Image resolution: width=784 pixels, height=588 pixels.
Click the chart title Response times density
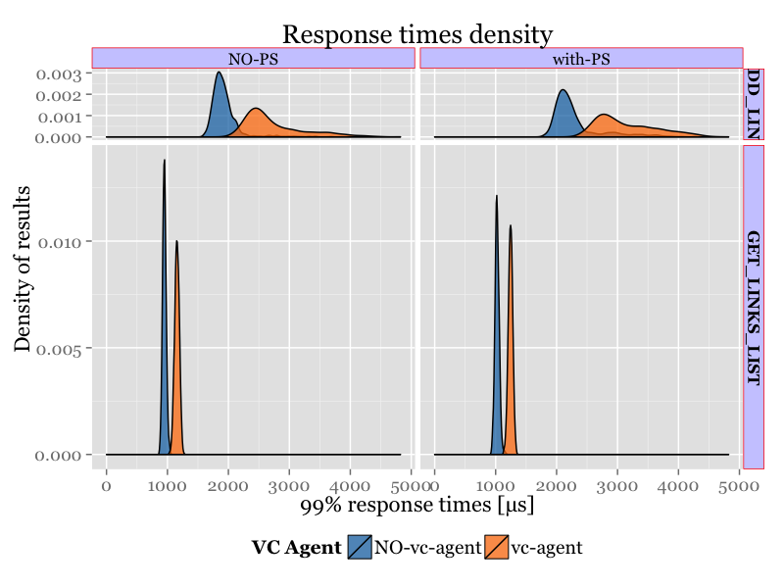pyautogui.click(x=417, y=35)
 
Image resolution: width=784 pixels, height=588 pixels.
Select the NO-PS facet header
pyautogui.click(x=254, y=59)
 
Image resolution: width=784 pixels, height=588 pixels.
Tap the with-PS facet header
pyautogui.click(x=581, y=59)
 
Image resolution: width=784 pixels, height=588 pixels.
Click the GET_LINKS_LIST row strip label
pyautogui.click(x=753, y=307)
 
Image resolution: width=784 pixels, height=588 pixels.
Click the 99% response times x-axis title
pyautogui.click(x=416, y=506)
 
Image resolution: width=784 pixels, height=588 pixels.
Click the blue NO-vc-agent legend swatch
pyautogui.click(x=360, y=548)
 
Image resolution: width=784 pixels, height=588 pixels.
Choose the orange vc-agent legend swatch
pyautogui.click(x=497, y=548)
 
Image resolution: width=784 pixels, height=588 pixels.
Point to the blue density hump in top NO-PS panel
pyautogui.click(x=220, y=108)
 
